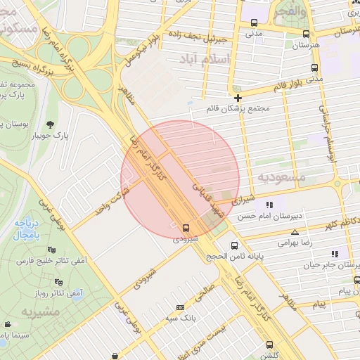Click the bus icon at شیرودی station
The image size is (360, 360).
point(186,228)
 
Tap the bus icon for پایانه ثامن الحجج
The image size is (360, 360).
point(235,245)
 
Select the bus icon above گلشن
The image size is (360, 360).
point(270,345)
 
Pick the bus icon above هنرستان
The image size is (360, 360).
point(305,34)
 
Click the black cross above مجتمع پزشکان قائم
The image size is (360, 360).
point(238,98)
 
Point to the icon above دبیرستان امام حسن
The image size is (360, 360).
point(269,205)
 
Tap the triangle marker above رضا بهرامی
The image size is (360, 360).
point(295,231)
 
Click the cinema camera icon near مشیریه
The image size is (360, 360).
point(8,324)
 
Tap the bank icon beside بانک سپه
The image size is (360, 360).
point(181,307)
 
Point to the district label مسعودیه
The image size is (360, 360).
point(283,177)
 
